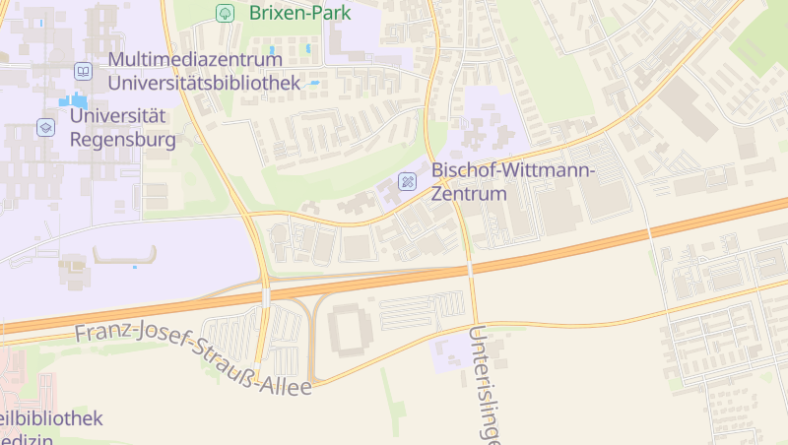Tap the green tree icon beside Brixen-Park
point(225,13)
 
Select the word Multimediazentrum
point(195,60)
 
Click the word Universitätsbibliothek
point(204,83)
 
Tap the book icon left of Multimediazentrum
point(84,71)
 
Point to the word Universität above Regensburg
point(117,116)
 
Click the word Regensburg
point(123,139)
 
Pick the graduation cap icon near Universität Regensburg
point(45,127)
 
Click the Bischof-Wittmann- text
point(513,171)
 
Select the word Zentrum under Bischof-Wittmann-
point(469,193)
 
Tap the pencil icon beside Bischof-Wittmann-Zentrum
point(407,181)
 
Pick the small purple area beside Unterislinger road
point(452,350)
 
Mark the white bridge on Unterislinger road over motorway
point(471,267)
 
